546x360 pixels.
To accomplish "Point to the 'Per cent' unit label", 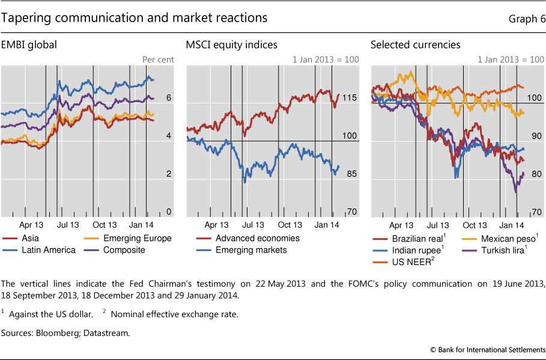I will pyautogui.click(x=156, y=59).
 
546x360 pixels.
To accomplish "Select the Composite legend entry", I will pyautogui.click(x=124, y=250).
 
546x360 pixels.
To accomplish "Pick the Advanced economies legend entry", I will pyautogui.click(x=257, y=238).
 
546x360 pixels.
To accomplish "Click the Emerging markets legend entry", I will pyautogui.click(x=252, y=250).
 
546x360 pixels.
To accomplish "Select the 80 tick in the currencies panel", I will pyautogui.click(x=533, y=174).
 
